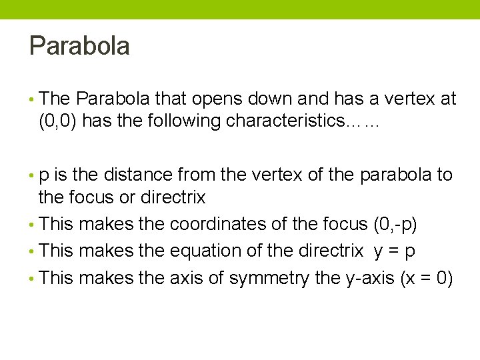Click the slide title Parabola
pyautogui.click(x=79, y=47)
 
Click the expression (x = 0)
pyautogui.click(x=427, y=277)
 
